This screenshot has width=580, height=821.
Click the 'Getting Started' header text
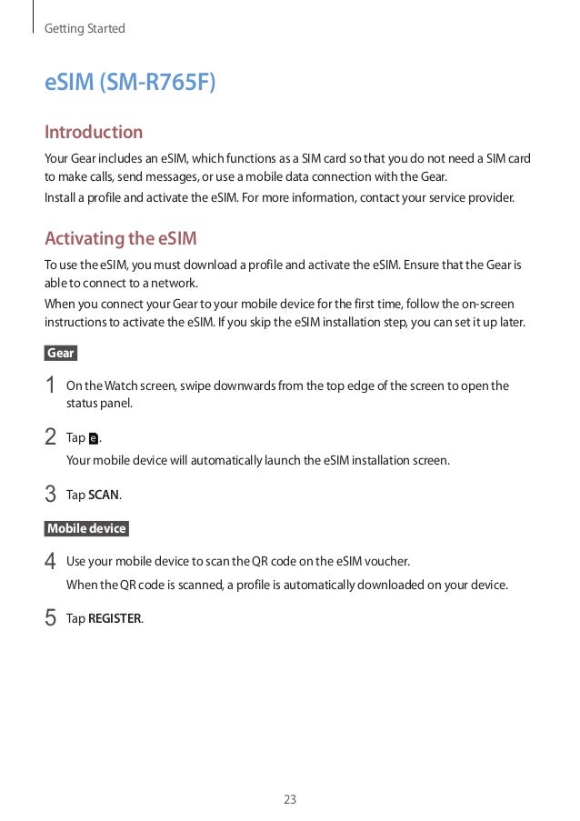click(85, 29)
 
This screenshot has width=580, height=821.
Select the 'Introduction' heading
click(94, 133)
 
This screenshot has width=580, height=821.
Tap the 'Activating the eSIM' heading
click(121, 239)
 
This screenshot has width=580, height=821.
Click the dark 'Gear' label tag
click(61, 353)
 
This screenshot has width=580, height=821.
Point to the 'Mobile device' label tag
click(86, 528)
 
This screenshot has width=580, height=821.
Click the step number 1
click(51, 386)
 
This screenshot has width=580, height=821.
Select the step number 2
click(51, 438)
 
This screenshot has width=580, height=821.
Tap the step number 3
click(51, 496)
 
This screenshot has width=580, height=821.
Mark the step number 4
click(51, 561)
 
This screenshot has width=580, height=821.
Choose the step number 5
click(51, 619)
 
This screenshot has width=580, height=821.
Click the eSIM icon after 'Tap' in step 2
click(95, 439)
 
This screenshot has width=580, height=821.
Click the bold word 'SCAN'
click(104, 496)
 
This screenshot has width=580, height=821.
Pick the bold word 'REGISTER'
click(115, 619)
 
